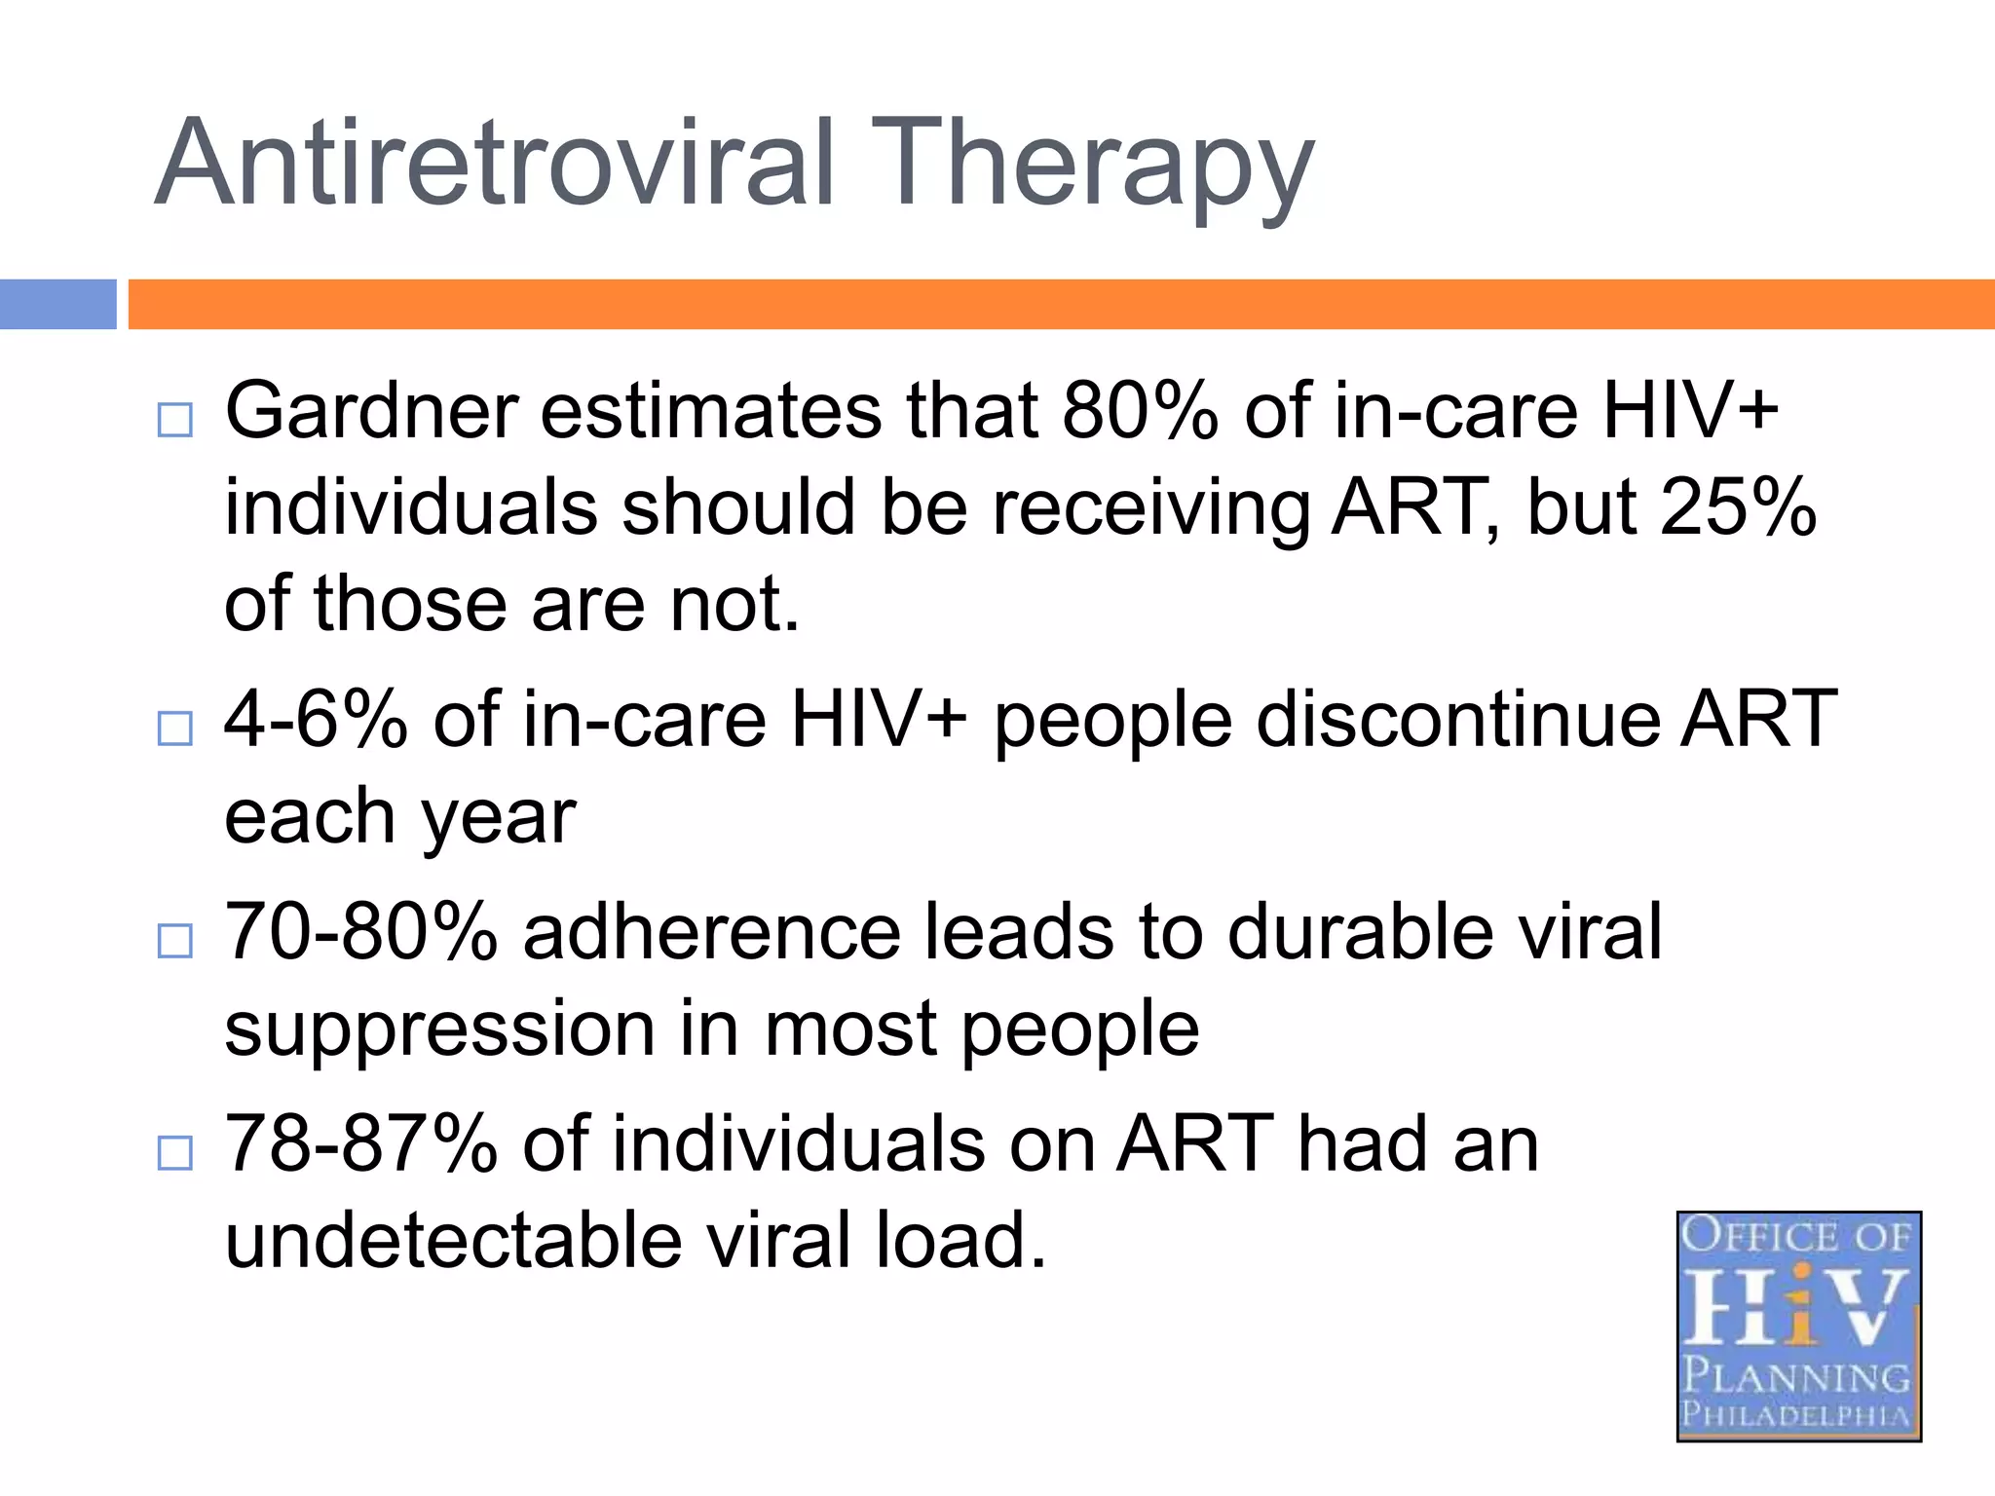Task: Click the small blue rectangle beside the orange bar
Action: tap(57, 304)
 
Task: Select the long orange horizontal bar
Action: tap(1061, 304)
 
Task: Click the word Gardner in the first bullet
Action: tap(371, 411)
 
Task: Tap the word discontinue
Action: tap(1457, 719)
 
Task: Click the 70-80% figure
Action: tap(361, 932)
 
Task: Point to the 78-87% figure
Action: tap(361, 1143)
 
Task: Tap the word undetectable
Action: tap(453, 1240)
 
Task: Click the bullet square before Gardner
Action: tap(174, 421)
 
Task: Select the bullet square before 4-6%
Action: tap(174, 729)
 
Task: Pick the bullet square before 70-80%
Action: tap(174, 941)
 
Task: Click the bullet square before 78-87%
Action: tap(174, 1153)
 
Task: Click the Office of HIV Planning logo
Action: tap(1798, 1326)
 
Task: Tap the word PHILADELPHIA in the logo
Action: tap(1796, 1414)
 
